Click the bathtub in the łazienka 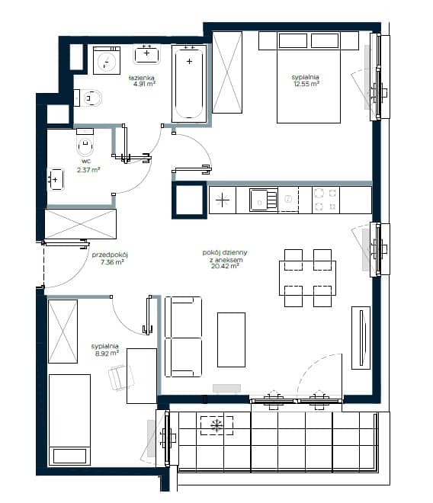pos(189,83)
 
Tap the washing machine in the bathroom pos(107,61)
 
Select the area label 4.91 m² pos(144,84)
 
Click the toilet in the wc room pos(85,143)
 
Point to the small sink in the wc pos(56,179)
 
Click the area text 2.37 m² pos(88,170)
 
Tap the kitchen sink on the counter pos(264,200)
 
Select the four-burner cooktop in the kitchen pos(326,200)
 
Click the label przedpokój pos(110,255)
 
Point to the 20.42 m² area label pos(225,266)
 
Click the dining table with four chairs pos(307,278)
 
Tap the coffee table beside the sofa pos(231,340)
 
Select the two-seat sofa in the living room pos(183,337)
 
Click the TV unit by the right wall pos(361,338)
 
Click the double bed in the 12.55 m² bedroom pos(309,77)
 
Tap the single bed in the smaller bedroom pos(69,420)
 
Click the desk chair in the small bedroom pos(120,377)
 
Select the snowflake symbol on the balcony pos(216,425)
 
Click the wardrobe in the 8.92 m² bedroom pos(63,332)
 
